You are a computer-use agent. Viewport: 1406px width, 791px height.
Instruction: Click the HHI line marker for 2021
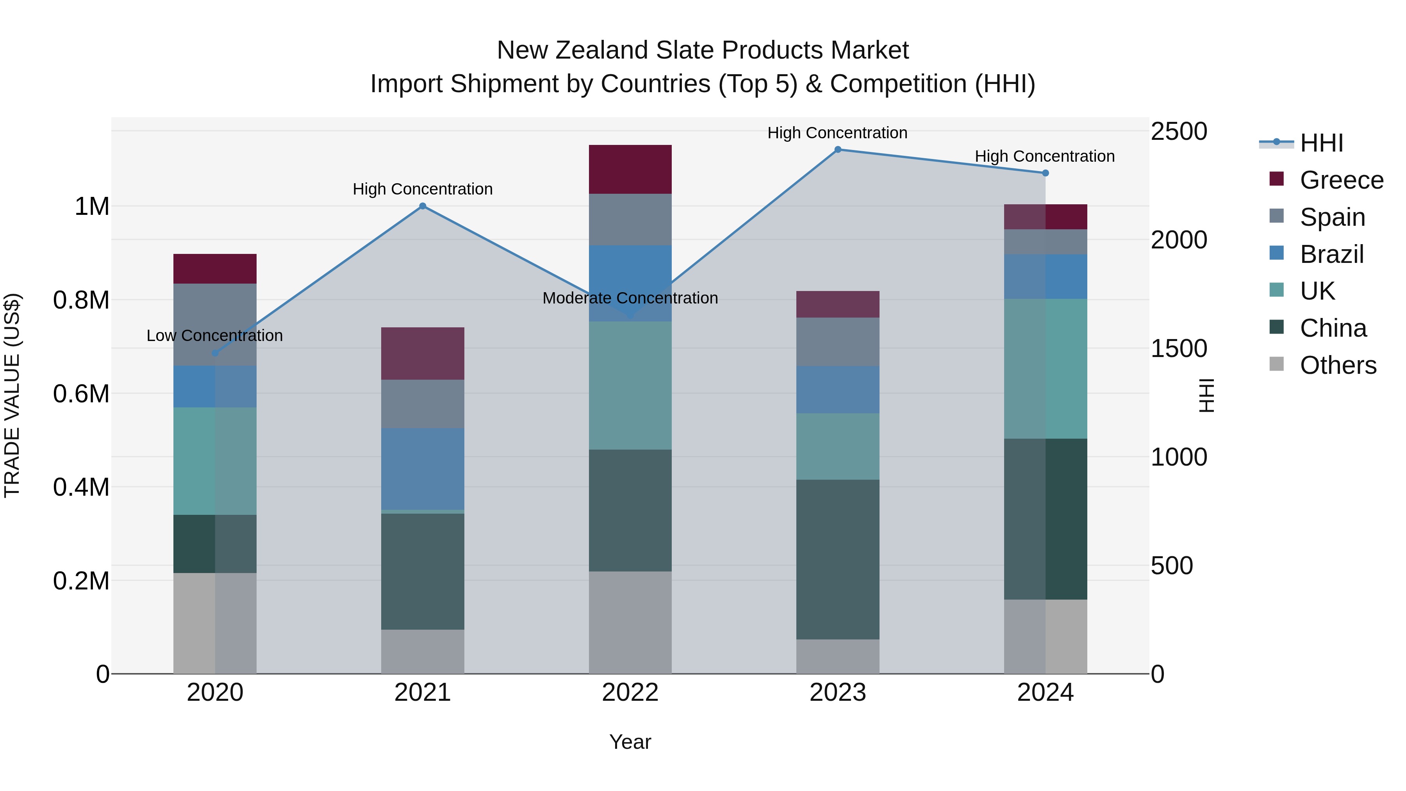423,206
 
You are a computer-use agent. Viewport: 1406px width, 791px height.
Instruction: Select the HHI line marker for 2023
838,150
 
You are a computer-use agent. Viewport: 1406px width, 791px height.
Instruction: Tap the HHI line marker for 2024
1045,173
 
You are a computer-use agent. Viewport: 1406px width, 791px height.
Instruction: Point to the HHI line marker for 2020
215,353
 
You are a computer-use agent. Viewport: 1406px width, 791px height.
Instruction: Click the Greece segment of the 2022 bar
630,169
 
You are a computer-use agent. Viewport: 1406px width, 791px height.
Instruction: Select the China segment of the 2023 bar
838,559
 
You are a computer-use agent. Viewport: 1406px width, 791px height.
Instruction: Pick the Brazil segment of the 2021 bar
423,468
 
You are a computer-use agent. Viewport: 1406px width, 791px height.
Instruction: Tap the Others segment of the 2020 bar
215,623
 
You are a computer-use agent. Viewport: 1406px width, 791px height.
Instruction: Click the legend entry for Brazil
1331,254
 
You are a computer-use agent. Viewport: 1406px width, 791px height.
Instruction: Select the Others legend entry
1337,365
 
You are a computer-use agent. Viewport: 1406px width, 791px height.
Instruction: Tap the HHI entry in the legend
1321,143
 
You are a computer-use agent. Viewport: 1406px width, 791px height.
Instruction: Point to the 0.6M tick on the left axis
81,394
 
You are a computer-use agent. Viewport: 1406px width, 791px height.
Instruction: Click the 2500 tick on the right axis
1179,132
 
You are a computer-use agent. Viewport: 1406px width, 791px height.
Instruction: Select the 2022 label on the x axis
630,693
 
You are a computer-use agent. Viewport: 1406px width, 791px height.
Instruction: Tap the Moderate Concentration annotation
630,298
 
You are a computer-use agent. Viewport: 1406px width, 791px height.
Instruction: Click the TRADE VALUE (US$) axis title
12,395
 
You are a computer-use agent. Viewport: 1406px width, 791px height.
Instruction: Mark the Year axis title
630,742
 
